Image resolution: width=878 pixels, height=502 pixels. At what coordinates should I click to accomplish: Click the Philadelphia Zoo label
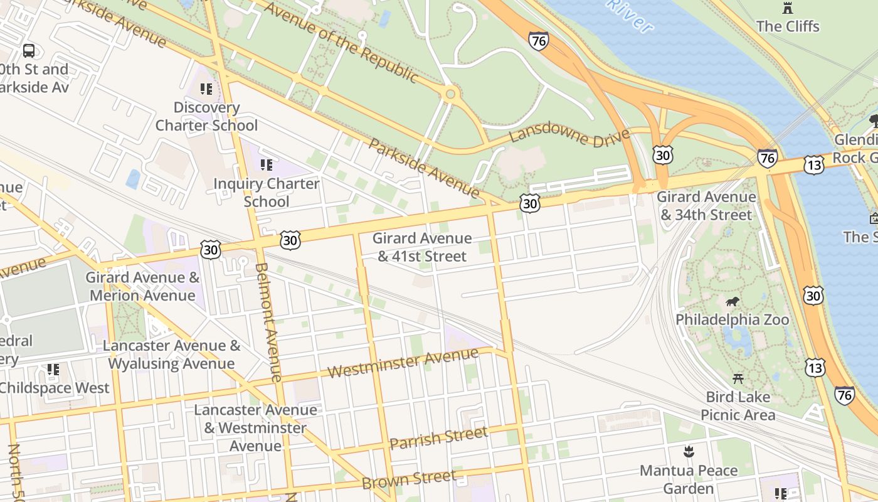tap(732, 319)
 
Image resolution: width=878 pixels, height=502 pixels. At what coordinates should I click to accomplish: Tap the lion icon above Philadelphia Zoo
tap(732, 302)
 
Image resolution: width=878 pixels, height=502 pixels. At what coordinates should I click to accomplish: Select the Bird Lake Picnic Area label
tap(738, 406)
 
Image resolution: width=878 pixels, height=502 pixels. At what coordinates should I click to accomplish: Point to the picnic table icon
tap(738, 379)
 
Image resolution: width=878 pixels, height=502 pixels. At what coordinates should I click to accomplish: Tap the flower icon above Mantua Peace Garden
tap(689, 451)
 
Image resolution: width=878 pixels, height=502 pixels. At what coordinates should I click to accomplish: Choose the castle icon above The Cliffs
tap(788, 8)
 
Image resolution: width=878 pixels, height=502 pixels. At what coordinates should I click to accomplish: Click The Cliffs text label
tap(788, 26)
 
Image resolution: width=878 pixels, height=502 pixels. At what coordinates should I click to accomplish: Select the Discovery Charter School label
tap(206, 116)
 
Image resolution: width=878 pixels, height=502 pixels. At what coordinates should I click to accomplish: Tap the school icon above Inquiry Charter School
tap(267, 165)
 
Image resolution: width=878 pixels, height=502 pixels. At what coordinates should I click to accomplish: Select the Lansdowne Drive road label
tap(569, 136)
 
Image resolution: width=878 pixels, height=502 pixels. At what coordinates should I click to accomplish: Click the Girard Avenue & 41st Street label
tap(421, 247)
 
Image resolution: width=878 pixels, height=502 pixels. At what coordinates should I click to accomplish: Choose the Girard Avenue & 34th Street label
tap(706, 206)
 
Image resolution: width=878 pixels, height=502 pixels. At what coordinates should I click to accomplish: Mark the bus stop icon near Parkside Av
tap(29, 50)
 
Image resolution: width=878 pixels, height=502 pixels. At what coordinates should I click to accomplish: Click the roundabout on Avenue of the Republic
tap(450, 95)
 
